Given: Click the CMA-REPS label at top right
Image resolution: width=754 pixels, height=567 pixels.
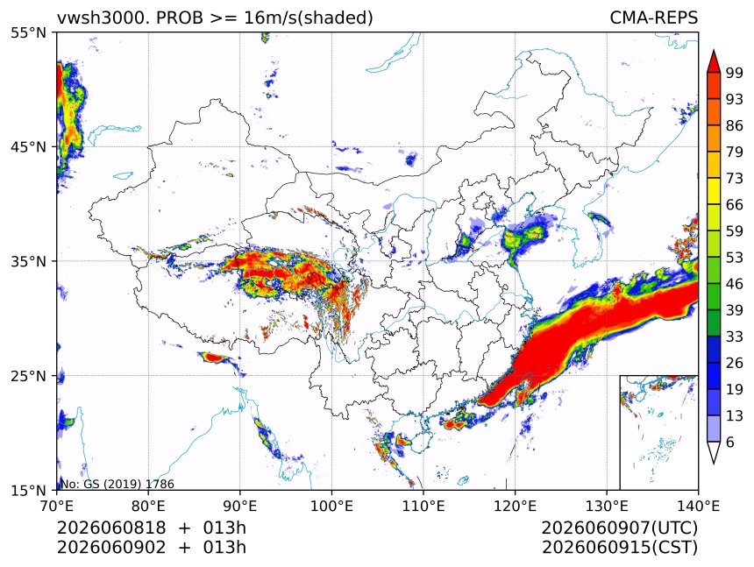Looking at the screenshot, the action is [653, 18].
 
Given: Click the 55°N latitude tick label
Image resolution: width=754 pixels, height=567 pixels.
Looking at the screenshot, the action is [28, 32].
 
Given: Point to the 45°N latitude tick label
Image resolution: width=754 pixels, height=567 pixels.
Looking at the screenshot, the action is [28, 146].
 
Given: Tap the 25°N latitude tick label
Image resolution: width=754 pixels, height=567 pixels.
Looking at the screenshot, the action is [28, 376].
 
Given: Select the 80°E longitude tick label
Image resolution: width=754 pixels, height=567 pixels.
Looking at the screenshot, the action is [148, 506].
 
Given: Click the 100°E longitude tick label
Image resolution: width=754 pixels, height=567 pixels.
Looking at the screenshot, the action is [331, 506].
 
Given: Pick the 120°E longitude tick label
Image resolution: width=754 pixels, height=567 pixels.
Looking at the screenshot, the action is [515, 506].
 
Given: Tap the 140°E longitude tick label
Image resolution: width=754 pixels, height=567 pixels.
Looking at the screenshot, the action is [698, 506].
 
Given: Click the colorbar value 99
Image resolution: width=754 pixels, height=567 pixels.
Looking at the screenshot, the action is [735, 73].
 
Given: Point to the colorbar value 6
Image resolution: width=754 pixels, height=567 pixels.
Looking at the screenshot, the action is [730, 442].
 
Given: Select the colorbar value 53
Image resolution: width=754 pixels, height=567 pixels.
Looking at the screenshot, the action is [735, 258].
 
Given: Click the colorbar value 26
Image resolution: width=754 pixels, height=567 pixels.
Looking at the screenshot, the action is [735, 363].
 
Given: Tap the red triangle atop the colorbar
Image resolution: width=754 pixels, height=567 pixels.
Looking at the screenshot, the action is [714, 61].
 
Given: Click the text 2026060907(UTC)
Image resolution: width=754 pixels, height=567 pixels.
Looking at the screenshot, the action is [619, 528].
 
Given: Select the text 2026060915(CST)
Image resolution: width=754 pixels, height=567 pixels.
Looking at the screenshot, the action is [619, 548].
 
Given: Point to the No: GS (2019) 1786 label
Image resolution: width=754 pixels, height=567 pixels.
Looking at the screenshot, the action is [117, 484].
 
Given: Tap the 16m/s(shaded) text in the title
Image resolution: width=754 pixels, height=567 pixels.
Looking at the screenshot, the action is [309, 18].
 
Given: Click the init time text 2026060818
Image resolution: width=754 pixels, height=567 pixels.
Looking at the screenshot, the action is [111, 528].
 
